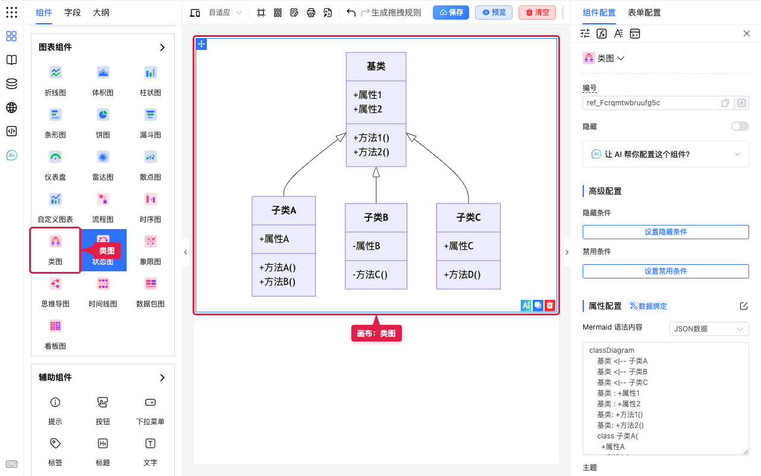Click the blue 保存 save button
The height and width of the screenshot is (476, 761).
[451, 12]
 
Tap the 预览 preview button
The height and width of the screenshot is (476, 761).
[493, 12]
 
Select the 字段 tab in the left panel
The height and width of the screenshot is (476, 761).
[73, 12]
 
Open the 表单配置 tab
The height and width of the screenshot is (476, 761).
[644, 12]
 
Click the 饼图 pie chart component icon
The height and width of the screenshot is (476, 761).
[103, 115]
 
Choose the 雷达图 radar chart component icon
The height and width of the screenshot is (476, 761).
[103, 157]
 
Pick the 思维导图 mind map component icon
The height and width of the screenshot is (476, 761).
[55, 284]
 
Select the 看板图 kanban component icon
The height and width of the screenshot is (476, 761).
[55, 325]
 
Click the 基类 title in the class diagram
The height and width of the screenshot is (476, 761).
[376, 66]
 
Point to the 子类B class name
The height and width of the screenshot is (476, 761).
[376, 217]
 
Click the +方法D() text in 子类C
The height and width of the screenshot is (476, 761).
[462, 274]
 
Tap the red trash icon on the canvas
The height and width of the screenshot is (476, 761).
[550, 305]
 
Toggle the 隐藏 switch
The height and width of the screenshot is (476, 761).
[740, 127]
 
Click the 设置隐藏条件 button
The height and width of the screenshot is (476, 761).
[665, 232]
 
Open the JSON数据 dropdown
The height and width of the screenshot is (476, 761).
[709, 329]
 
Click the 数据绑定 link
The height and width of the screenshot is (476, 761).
[649, 306]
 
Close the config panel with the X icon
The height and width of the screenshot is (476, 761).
[746, 33]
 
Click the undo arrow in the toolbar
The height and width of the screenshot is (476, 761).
[351, 12]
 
